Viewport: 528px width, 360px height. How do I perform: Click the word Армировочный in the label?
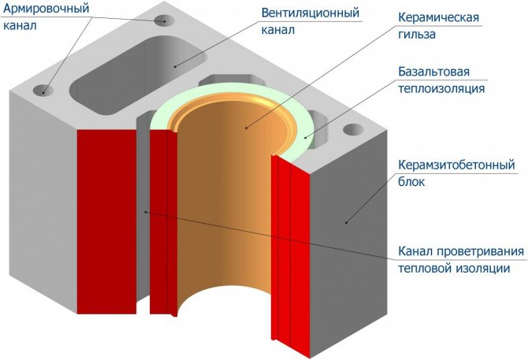[x=47, y=9]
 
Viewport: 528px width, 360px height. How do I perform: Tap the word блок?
[x=405, y=183]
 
